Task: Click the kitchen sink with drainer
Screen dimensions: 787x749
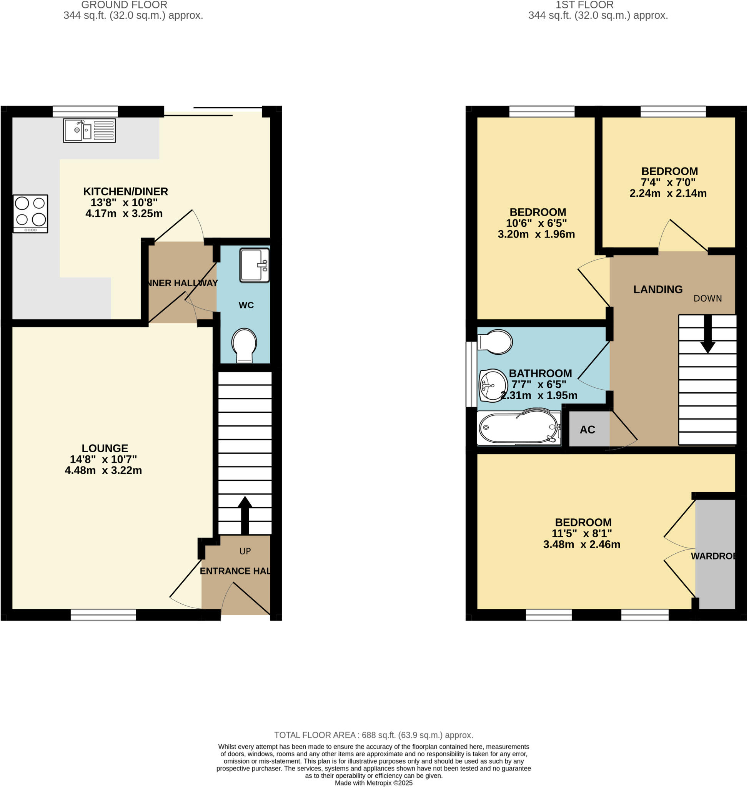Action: pyautogui.click(x=90, y=131)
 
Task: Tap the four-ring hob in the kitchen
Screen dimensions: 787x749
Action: pyautogui.click(x=30, y=214)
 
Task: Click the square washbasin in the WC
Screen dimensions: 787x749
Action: pyautogui.click(x=255, y=266)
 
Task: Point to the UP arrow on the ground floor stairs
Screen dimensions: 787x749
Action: pyautogui.click(x=245, y=515)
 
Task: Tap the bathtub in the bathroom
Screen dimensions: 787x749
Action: pyautogui.click(x=518, y=428)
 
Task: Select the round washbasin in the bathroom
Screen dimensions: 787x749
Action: pyautogui.click(x=493, y=385)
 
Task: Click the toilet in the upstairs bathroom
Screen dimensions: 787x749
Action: pyautogui.click(x=495, y=342)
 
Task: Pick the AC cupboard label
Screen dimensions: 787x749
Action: pyautogui.click(x=587, y=430)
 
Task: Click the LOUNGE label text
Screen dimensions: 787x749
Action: pyautogui.click(x=105, y=448)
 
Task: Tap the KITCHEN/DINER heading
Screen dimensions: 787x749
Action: pyautogui.click(x=125, y=191)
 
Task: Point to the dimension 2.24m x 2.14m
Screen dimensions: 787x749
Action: pyautogui.click(x=668, y=194)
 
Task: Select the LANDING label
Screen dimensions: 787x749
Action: pyautogui.click(x=658, y=289)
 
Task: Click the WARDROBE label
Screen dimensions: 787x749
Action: pyautogui.click(x=714, y=556)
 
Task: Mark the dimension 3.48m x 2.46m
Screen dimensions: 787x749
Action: pyautogui.click(x=582, y=545)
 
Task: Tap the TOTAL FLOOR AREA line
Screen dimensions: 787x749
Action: pyautogui.click(x=374, y=735)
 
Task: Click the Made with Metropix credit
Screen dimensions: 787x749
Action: pyautogui.click(x=374, y=783)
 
